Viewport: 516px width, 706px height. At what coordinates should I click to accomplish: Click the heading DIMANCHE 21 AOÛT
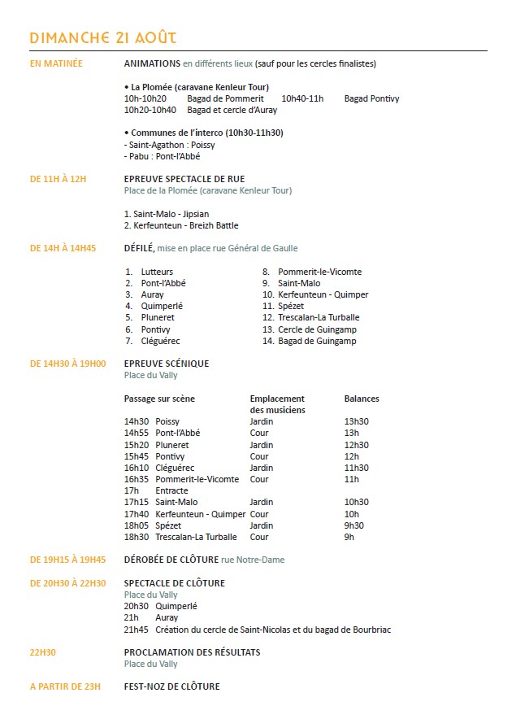(102, 38)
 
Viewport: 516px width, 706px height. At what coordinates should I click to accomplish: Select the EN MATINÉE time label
(56, 63)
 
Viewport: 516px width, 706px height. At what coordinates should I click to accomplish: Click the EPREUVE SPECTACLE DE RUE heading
(184, 179)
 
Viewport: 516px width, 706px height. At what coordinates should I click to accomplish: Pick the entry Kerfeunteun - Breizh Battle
(181, 225)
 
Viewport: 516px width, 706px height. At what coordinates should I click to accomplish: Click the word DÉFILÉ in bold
(139, 248)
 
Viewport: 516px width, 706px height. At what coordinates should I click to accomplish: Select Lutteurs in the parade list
(157, 272)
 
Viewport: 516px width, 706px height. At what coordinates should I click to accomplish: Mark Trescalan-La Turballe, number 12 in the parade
(319, 317)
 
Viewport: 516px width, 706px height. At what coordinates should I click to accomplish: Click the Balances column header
(362, 399)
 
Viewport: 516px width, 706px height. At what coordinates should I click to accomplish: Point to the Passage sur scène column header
(159, 399)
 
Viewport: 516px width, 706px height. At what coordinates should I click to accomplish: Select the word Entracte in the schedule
(171, 490)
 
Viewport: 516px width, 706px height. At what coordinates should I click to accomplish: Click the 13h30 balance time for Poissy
(357, 421)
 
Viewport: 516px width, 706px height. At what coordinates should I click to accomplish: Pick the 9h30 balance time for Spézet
(354, 525)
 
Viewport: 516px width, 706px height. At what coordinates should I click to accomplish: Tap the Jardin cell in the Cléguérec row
(262, 468)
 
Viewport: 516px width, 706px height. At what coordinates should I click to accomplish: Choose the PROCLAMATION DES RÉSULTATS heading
(193, 652)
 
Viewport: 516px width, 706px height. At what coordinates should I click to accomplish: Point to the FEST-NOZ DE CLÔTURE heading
(171, 686)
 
